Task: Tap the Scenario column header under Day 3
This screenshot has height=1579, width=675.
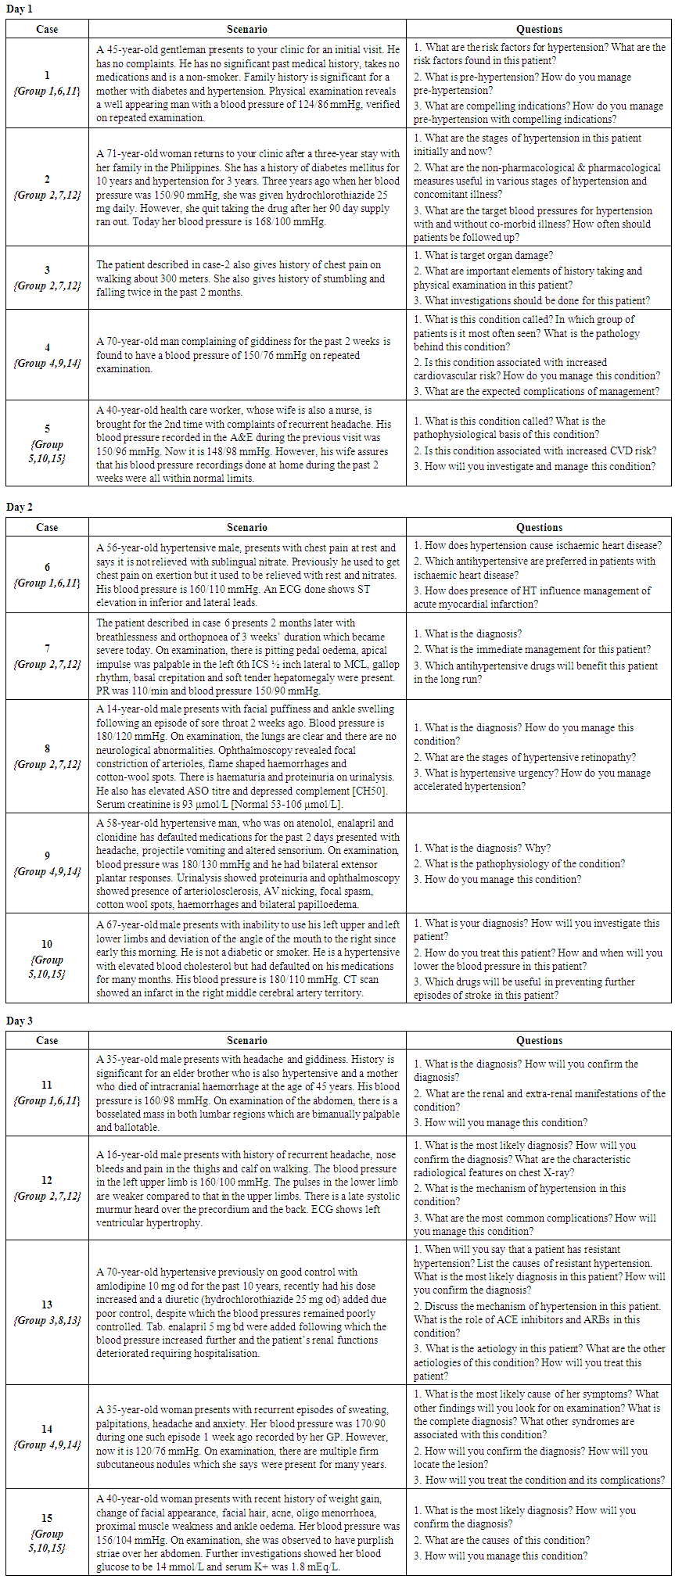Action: point(246,1040)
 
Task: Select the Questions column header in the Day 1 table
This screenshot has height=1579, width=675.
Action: point(539,29)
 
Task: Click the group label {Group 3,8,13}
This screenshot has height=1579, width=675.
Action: point(47,1321)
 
